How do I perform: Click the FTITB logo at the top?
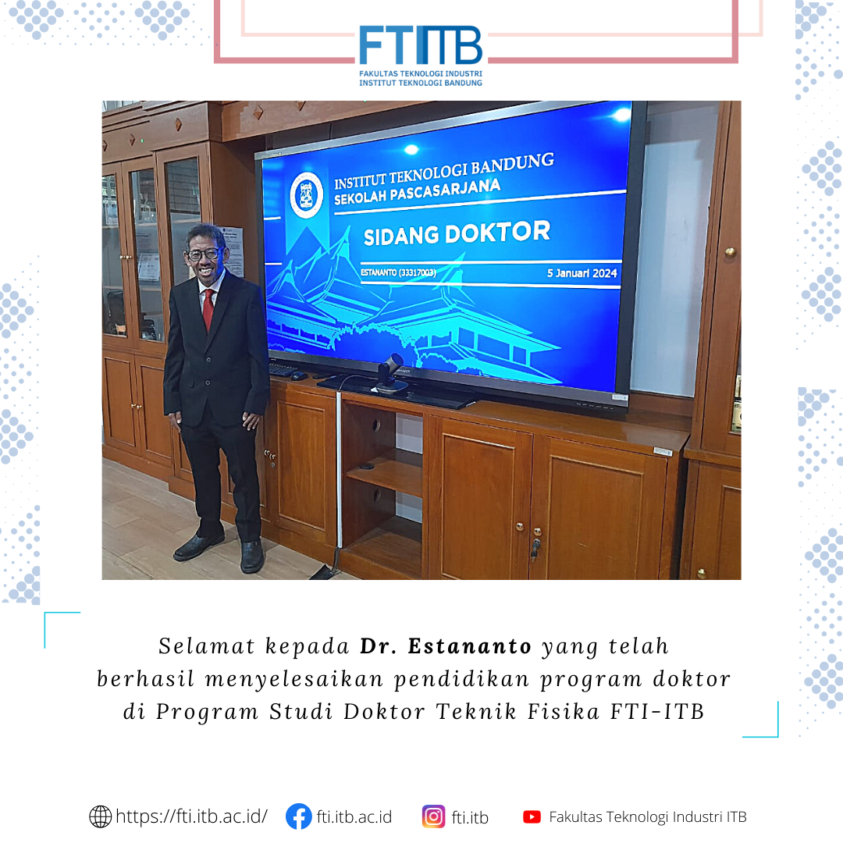pyautogui.click(x=421, y=55)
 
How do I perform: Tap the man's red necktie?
pyautogui.click(x=208, y=310)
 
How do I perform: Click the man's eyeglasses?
pyautogui.click(x=204, y=254)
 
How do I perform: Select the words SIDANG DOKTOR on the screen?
pyautogui.click(x=457, y=233)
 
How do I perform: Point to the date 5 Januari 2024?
pyautogui.click(x=582, y=273)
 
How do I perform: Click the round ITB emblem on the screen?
pyautogui.click(x=307, y=194)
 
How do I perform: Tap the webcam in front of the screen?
pyautogui.click(x=391, y=372)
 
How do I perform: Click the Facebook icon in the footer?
pyautogui.click(x=298, y=816)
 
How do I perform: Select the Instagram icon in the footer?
pyautogui.click(x=433, y=816)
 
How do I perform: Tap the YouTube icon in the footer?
pyautogui.click(x=532, y=817)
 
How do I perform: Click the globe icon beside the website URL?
pyautogui.click(x=100, y=816)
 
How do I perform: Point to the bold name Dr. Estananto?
pyautogui.click(x=446, y=646)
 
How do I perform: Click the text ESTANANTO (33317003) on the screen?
pyautogui.click(x=398, y=272)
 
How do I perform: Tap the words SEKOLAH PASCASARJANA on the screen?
pyautogui.click(x=417, y=192)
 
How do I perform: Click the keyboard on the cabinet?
pyautogui.click(x=283, y=369)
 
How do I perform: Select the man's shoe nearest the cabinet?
pyautogui.click(x=251, y=557)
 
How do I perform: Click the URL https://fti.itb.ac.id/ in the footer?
pyautogui.click(x=191, y=816)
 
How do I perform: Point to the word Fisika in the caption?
pyautogui.click(x=563, y=712)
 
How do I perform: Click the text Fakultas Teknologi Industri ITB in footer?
pyautogui.click(x=648, y=817)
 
